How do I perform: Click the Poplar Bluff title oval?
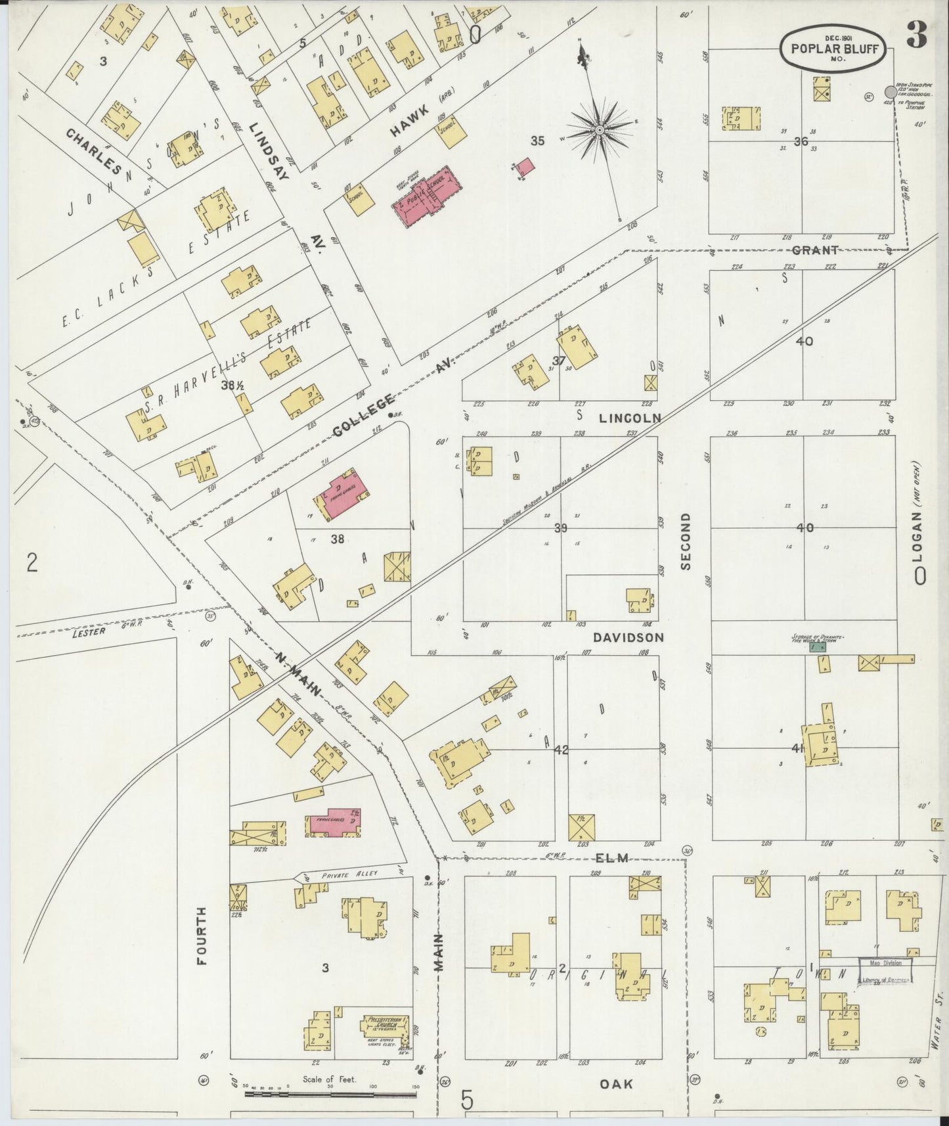tap(834, 48)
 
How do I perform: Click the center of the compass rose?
tap(599, 131)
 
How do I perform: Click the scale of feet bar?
tap(331, 1094)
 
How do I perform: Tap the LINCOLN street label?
tap(629, 418)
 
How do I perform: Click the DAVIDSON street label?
tap(628, 637)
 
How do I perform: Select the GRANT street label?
tap(815, 250)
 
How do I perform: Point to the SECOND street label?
tap(686, 541)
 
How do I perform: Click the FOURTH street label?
tap(201, 935)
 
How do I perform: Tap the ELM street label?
tap(612, 857)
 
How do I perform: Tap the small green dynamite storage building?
tap(818, 647)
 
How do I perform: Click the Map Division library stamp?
tap(886, 970)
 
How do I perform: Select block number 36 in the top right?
tap(800, 141)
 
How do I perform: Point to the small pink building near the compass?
tap(525, 167)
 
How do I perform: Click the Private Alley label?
tap(346, 876)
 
